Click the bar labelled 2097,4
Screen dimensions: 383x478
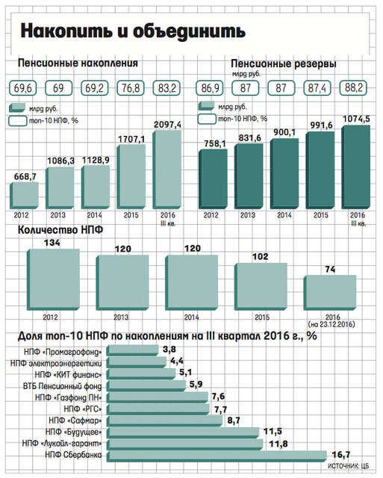(167, 170)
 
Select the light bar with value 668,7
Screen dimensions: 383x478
(24, 196)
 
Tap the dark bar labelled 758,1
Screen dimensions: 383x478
(213, 179)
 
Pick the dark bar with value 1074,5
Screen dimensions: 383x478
(356, 167)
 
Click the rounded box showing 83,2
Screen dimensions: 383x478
(166, 88)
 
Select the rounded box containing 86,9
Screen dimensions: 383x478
(210, 88)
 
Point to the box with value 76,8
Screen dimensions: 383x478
(131, 88)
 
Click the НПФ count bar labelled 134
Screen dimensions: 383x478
(53, 279)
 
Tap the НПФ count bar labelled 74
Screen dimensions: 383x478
(330, 293)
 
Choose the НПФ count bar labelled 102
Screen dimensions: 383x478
(261, 287)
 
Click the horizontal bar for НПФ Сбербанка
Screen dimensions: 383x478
(217, 456)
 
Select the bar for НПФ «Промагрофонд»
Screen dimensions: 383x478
(133, 350)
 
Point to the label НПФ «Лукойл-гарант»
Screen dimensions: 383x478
(62, 443)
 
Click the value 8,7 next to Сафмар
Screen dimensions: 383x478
(234, 420)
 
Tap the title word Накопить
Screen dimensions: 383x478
(66, 31)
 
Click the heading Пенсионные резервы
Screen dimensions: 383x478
(284, 64)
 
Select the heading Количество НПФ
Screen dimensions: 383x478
(60, 229)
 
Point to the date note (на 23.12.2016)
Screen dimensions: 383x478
(331, 324)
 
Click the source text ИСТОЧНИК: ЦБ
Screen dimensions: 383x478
(348, 466)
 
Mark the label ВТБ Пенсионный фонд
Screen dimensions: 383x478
(63, 386)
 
